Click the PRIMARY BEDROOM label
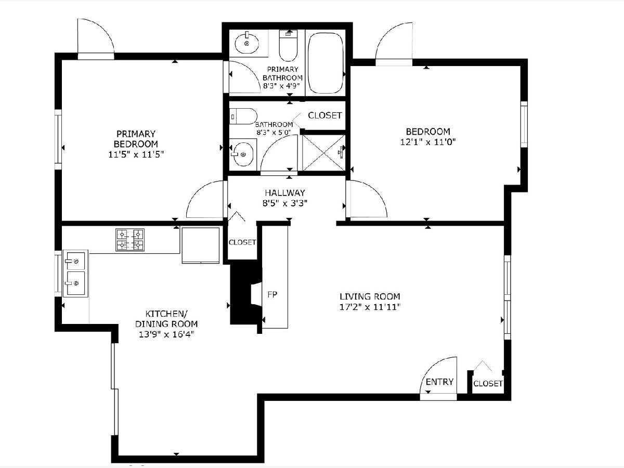[x=136, y=139]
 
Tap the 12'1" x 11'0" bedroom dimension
[x=428, y=142]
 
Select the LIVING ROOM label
[x=370, y=296]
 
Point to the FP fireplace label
[x=272, y=295]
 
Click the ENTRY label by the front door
[x=439, y=382]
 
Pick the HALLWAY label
[x=285, y=192]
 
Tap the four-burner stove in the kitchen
[x=130, y=240]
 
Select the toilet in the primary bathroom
[x=288, y=45]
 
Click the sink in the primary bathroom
[x=247, y=44]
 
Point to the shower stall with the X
[x=324, y=153]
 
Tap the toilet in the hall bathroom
[x=243, y=116]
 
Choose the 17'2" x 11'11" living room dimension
[x=370, y=307]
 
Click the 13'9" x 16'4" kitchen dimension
[x=166, y=334]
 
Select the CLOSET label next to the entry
[x=488, y=384]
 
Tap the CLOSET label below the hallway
[x=242, y=242]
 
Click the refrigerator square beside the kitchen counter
[x=201, y=245]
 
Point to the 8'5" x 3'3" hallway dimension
[x=285, y=203]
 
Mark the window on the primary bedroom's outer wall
[x=58, y=139]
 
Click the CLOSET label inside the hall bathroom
[x=325, y=115]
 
